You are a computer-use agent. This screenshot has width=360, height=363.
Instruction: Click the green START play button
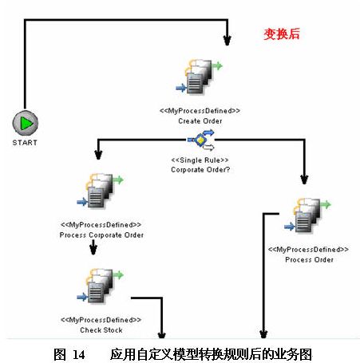[x=26, y=123]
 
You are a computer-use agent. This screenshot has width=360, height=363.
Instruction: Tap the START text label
[x=25, y=143]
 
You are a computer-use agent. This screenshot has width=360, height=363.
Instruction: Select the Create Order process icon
[x=199, y=77]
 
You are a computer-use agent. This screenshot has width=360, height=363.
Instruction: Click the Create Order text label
[x=200, y=121]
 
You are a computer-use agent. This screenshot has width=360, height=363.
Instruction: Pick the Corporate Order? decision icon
[x=201, y=140]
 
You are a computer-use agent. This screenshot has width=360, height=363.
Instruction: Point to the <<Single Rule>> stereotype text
[x=200, y=160]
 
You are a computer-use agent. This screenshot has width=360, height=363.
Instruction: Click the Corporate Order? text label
[x=200, y=170]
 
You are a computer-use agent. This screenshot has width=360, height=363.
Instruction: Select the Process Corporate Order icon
[x=100, y=191]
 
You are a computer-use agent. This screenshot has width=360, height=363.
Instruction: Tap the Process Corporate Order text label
[x=101, y=235]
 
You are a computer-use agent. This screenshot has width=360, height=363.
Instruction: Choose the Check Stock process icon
[x=100, y=286]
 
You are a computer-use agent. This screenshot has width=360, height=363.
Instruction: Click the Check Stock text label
[x=101, y=330]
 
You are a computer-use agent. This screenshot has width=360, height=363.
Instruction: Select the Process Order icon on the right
[x=307, y=215]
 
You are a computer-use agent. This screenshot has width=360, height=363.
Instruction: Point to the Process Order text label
[x=309, y=259]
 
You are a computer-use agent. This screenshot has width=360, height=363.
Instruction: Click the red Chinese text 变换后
[x=282, y=34]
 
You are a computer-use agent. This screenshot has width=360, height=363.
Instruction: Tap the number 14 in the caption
[x=79, y=355]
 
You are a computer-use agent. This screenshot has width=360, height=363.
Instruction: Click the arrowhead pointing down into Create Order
[x=227, y=40]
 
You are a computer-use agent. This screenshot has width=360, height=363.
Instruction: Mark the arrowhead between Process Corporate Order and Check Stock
[x=93, y=250]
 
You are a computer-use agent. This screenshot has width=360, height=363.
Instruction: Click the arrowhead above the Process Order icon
[x=304, y=180]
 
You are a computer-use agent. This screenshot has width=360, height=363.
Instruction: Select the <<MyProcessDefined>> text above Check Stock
[x=101, y=320]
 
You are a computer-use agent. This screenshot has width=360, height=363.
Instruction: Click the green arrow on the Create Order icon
[x=218, y=65]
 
